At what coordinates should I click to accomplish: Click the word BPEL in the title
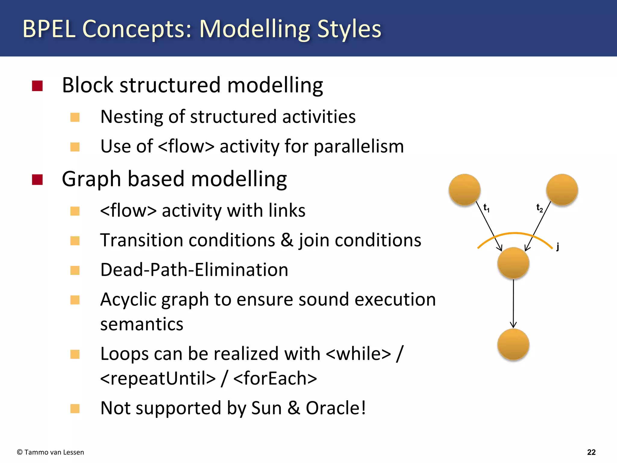(49, 29)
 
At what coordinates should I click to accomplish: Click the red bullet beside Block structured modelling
(37, 86)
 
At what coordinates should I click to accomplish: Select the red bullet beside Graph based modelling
(37, 180)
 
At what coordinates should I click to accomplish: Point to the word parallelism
(359, 147)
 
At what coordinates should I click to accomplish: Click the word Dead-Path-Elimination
(194, 270)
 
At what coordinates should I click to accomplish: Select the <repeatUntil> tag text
(158, 379)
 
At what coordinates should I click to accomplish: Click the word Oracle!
(336, 408)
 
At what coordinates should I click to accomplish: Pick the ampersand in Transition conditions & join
(287, 240)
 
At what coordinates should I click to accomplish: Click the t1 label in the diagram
(486, 208)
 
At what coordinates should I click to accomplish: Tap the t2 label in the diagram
(539, 208)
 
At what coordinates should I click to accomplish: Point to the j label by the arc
(558, 247)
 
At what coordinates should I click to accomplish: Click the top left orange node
(464, 190)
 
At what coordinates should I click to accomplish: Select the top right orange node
(562, 190)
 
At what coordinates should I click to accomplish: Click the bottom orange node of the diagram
(513, 344)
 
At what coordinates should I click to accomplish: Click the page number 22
(591, 452)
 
